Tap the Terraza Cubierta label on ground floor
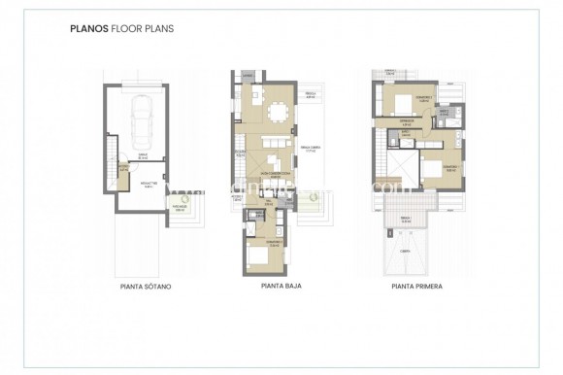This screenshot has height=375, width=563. click(311, 150)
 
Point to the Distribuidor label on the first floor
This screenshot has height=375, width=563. click(409, 123)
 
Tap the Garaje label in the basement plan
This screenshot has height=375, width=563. click(142, 155)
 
